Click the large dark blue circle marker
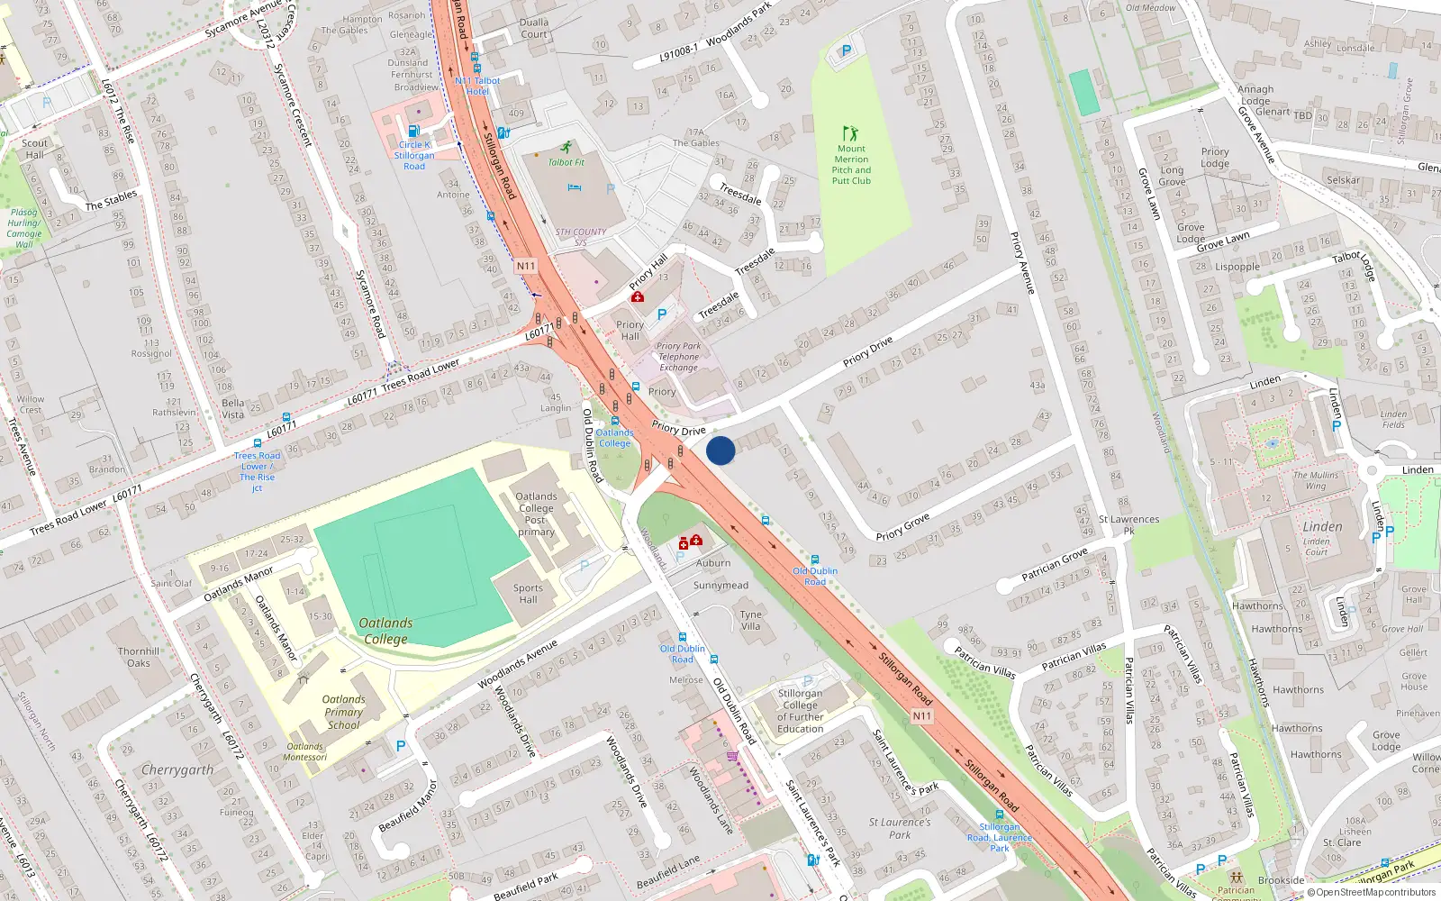coord(720,450)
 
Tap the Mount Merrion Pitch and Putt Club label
coord(851,165)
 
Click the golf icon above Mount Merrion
coord(850,133)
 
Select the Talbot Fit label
coord(566,162)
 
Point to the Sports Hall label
coord(528,594)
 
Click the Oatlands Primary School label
coord(344,712)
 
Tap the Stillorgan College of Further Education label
coord(800,711)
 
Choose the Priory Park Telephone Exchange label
coord(678,357)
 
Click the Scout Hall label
coord(35,149)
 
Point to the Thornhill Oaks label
coord(139,657)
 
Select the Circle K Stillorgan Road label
coord(414,155)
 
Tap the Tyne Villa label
coord(750,620)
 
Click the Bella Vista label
coord(232,409)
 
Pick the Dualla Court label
coord(534,28)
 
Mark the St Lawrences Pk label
coord(1128,524)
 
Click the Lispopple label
coord(1237,267)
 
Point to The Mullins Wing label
coord(1316,480)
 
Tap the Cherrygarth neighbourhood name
coord(177,770)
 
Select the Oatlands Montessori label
coord(305,751)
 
